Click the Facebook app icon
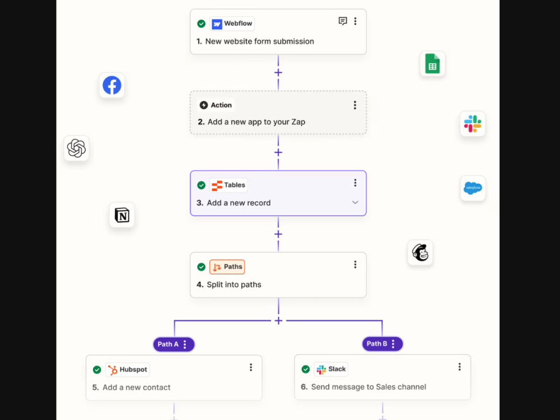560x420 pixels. point(112,85)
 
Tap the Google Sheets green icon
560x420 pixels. point(432,64)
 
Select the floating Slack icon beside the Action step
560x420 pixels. point(473,124)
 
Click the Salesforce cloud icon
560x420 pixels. point(473,188)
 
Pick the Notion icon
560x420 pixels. point(122,215)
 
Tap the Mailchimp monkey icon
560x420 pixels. point(420,253)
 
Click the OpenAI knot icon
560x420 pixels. point(76,148)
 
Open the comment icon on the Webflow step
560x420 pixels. point(343,21)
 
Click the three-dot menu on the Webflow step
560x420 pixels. point(355,21)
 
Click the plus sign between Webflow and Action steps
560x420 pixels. point(278,72)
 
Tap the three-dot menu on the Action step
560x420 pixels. point(354,105)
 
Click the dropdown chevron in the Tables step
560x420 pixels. point(355,203)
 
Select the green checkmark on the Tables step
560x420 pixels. point(202,185)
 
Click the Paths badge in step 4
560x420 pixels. point(227,267)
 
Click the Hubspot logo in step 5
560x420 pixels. point(113,370)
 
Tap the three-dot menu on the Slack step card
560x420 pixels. point(460,367)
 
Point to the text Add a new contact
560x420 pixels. point(137,388)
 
